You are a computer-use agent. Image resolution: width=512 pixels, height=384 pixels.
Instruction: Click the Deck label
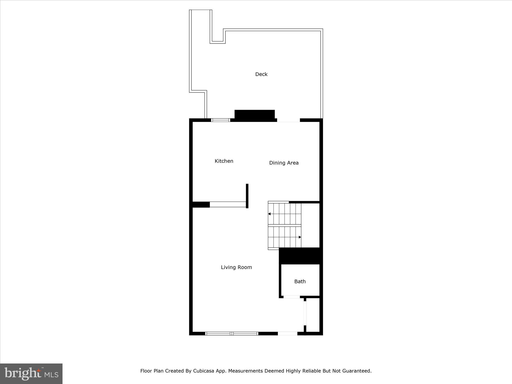click(x=261, y=74)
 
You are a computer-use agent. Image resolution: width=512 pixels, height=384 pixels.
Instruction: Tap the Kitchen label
click(x=224, y=161)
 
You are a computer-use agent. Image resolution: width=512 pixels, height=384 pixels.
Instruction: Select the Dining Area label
click(x=284, y=163)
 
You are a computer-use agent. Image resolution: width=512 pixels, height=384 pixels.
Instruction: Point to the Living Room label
click(x=236, y=267)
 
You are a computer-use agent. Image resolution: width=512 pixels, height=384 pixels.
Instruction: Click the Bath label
click(x=300, y=281)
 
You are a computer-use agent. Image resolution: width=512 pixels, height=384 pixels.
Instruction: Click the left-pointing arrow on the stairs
click(x=269, y=214)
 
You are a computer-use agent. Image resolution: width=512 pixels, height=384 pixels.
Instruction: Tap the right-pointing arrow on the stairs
click(x=300, y=237)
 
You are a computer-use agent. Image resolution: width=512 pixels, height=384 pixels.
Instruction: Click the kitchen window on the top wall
click(x=220, y=120)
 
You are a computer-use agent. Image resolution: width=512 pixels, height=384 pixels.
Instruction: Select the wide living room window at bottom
click(x=231, y=333)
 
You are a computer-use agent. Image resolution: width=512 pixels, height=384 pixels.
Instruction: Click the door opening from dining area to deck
click(x=288, y=120)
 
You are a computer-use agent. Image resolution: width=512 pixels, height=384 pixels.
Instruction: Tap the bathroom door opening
click(x=291, y=297)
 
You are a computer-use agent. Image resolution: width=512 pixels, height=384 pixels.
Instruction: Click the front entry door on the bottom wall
click(x=287, y=333)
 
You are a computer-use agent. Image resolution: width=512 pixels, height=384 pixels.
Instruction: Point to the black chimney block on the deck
click(x=254, y=114)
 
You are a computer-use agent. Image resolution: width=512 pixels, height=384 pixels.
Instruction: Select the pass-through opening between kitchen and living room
click(x=228, y=204)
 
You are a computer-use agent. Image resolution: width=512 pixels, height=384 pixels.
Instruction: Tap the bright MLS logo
click(x=31, y=374)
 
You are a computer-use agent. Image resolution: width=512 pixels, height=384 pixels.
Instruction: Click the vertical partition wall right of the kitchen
click(x=247, y=196)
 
